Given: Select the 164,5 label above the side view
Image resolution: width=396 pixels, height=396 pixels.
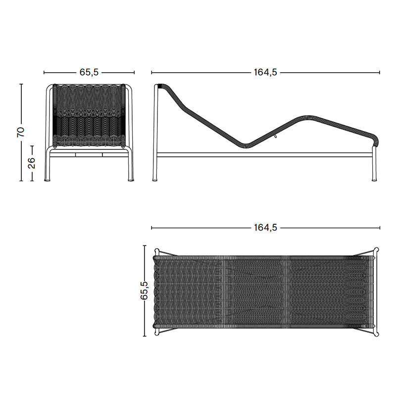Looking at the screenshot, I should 265,72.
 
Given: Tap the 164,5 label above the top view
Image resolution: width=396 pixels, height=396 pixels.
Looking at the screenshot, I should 265,228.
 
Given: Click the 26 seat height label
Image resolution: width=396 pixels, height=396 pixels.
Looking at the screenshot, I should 32,163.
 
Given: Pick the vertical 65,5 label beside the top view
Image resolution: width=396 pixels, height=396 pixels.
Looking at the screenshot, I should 144,291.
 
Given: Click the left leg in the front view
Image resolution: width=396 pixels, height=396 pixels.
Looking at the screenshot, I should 48,166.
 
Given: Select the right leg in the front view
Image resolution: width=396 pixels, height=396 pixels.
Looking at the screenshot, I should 131,166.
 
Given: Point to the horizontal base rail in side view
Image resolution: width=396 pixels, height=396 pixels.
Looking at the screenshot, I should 262,154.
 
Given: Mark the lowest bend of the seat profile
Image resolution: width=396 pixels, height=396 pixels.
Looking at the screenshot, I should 245,146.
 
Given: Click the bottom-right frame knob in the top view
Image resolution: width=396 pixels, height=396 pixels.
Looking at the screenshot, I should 376,332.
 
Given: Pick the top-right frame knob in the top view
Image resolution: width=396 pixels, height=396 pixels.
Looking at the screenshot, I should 376,251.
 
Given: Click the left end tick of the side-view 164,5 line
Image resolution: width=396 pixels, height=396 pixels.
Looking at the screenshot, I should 151,72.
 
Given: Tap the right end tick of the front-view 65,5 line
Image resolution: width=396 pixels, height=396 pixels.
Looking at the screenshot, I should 135,72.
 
